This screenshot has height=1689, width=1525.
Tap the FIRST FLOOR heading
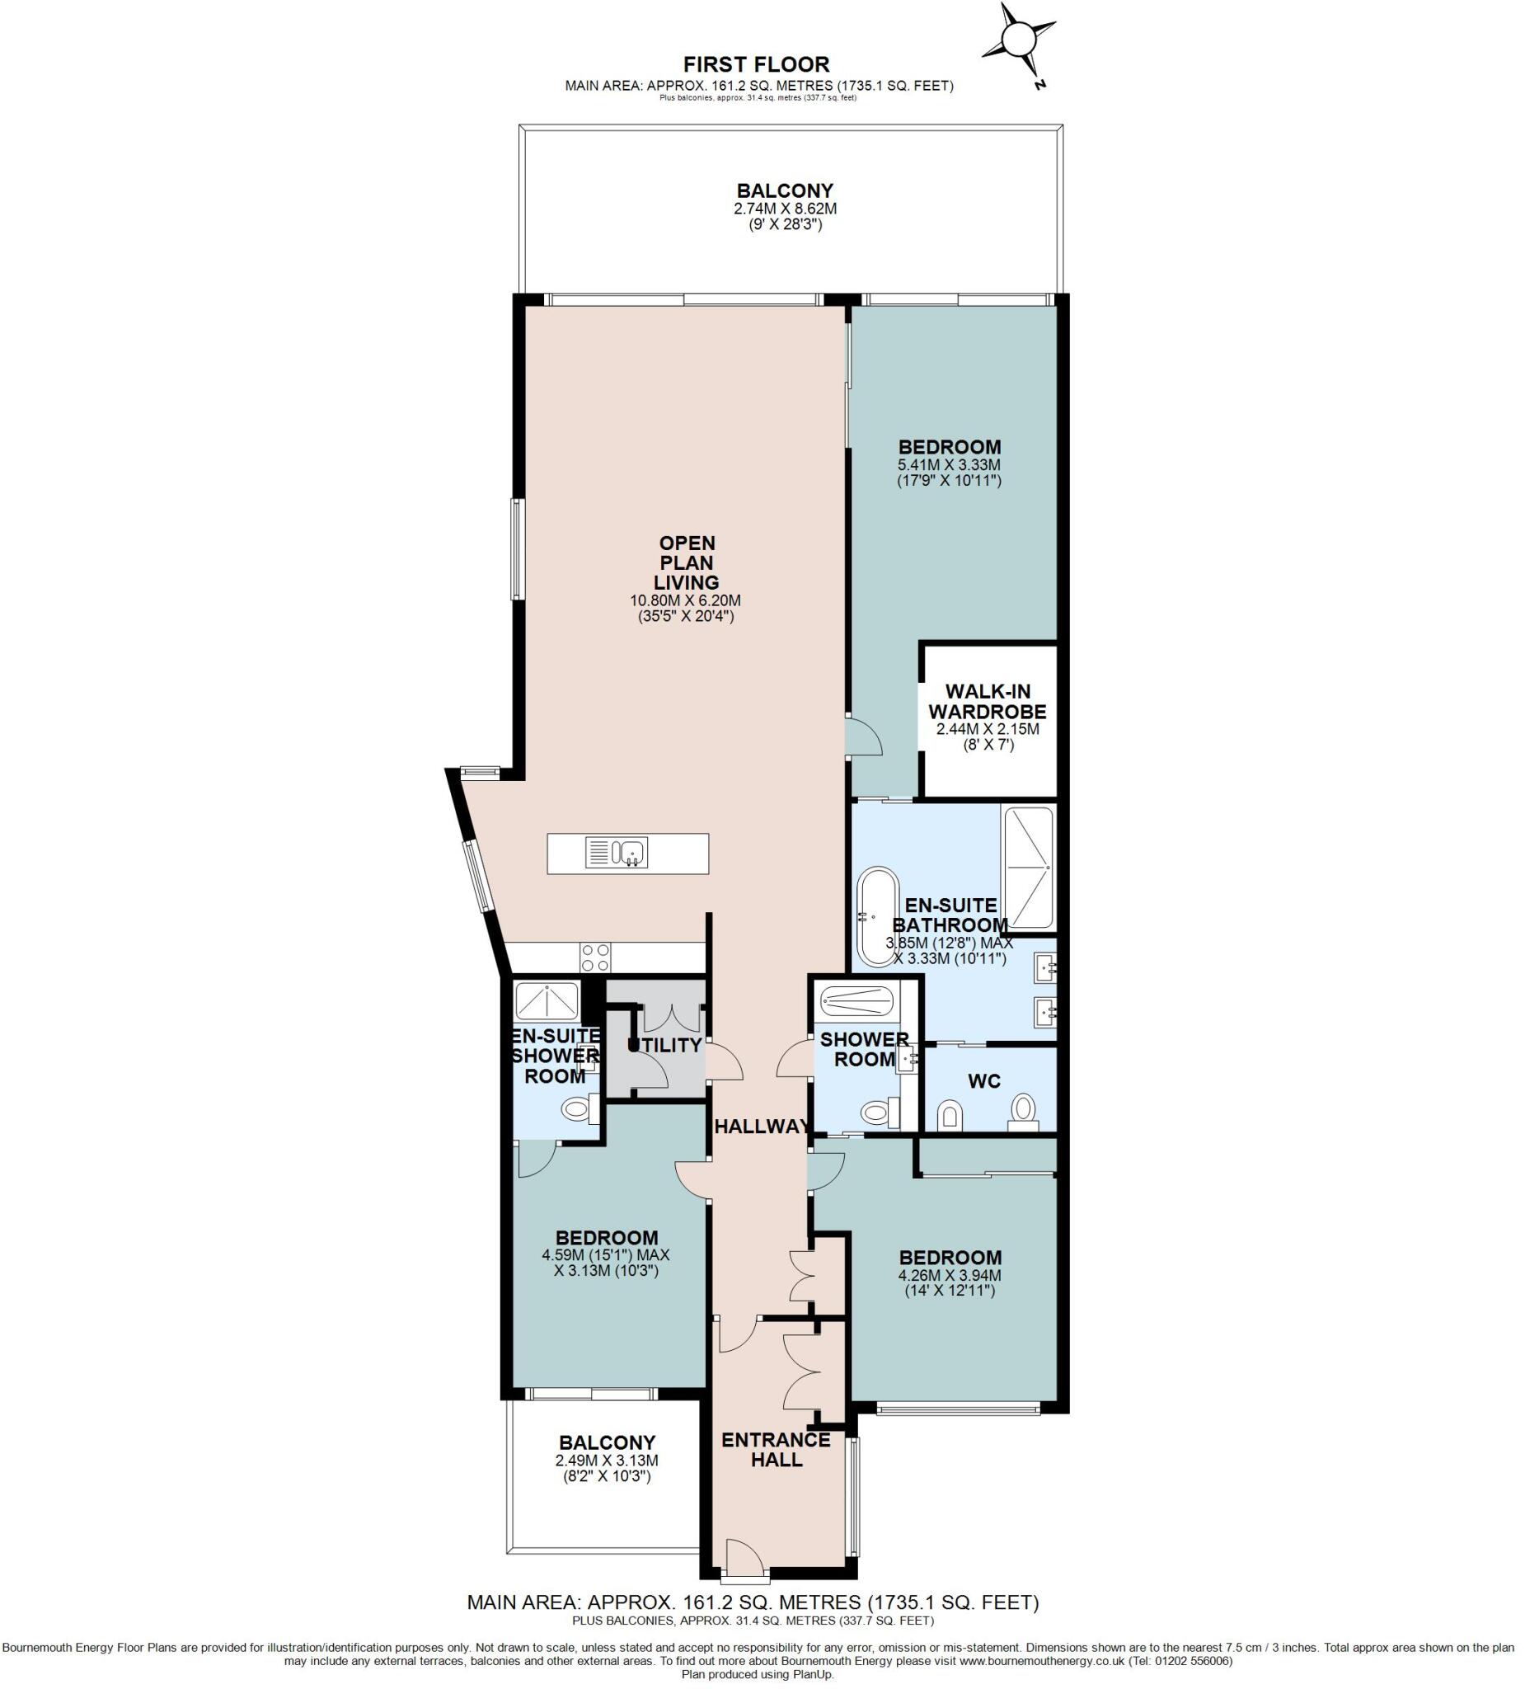coord(756,64)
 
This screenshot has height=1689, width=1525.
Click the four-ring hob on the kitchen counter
coord(596,957)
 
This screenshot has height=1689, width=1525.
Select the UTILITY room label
coord(665,1046)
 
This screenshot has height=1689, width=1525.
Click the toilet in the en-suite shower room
coord(576,1111)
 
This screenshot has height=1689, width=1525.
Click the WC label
coord(984,1081)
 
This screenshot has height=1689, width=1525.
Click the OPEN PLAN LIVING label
coord(687,562)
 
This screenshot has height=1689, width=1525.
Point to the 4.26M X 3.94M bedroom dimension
coord(950,1276)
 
